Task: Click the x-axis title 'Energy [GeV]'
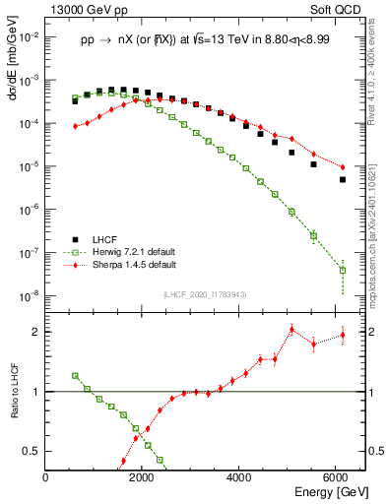[x=324, y=491]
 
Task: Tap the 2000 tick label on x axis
[x=143, y=478]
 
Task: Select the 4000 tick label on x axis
[x=239, y=478]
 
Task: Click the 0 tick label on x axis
[x=46, y=478]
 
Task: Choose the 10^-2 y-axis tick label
[x=30, y=35]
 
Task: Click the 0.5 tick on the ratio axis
[x=32, y=451]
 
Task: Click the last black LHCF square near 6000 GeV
[x=343, y=179]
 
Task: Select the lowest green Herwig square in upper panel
[x=343, y=270]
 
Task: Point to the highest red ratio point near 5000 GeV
[x=292, y=329]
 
